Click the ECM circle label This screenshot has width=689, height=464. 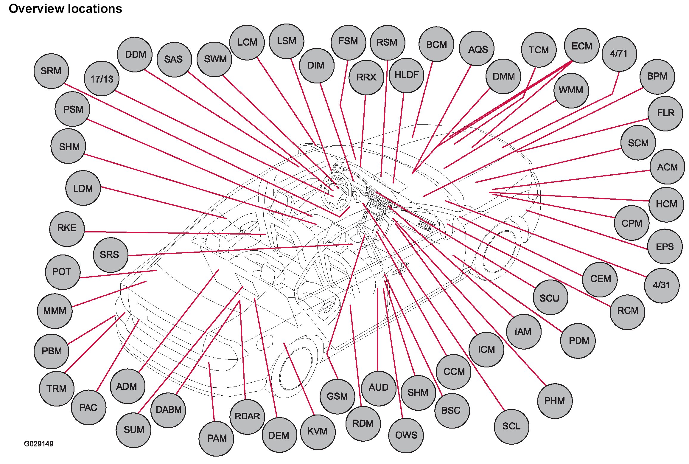(x=581, y=46)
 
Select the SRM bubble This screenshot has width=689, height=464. (x=51, y=71)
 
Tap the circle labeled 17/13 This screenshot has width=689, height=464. (x=102, y=79)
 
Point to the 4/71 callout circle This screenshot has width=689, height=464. (x=619, y=54)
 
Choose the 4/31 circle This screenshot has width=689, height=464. (x=662, y=285)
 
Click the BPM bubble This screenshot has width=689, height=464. (x=657, y=77)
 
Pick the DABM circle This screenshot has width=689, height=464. (x=168, y=409)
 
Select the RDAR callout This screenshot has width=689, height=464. (x=247, y=416)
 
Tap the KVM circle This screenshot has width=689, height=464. (x=318, y=431)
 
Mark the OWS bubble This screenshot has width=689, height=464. (x=406, y=435)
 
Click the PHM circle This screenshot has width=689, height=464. (x=554, y=401)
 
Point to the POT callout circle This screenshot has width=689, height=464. (x=62, y=272)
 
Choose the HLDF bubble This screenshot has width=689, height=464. (x=406, y=75)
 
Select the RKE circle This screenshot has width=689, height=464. (x=67, y=228)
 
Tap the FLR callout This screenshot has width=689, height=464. (x=665, y=113)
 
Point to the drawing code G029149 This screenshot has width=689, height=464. (x=39, y=444)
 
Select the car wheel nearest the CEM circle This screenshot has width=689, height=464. (x=499, y=252)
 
